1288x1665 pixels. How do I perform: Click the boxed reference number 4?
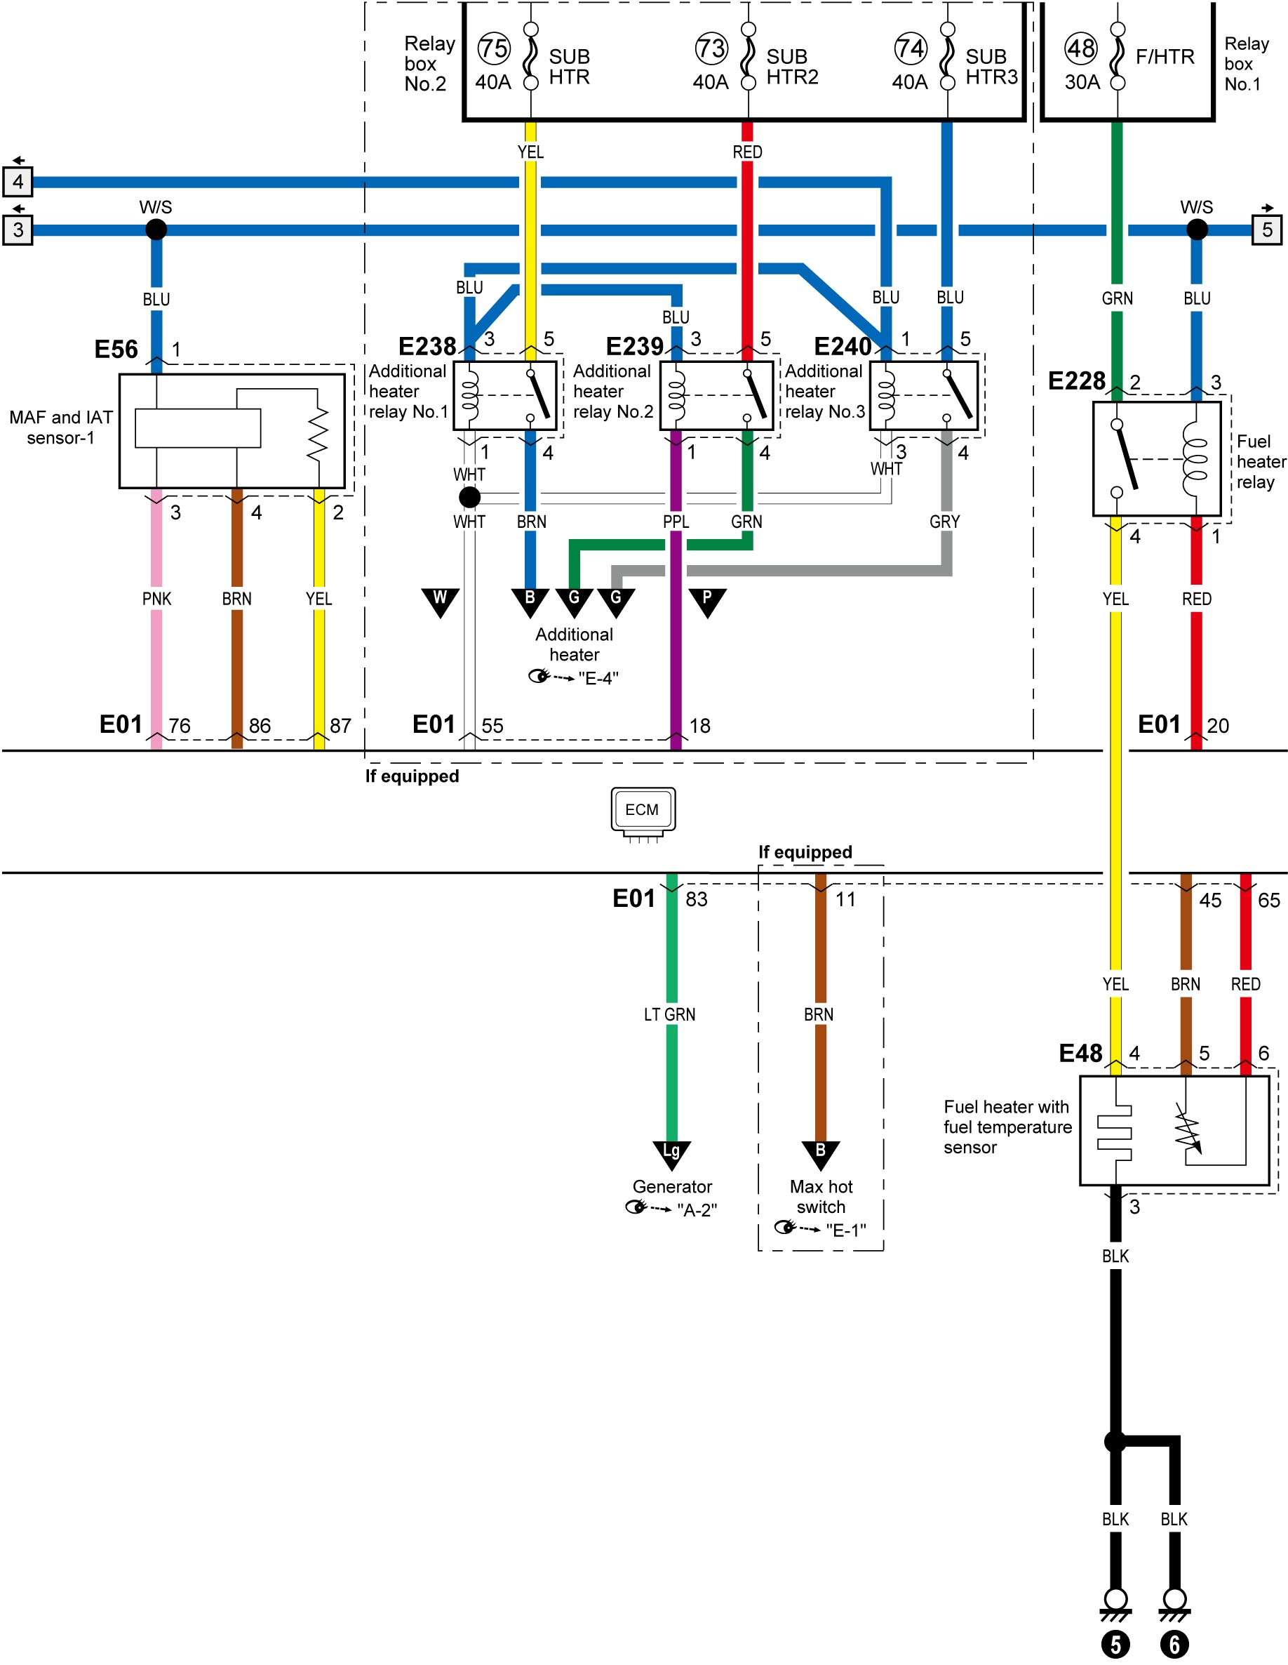18,181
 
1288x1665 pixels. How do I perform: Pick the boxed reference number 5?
1267,230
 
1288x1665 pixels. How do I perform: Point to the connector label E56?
116,349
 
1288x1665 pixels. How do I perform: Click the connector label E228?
1076,380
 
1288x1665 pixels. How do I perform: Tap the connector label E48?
1081,1053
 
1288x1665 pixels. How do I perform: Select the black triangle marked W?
440,602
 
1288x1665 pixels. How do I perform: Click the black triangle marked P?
707,602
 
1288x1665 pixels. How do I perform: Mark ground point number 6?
1174,1645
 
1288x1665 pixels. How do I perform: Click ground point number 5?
1115,1645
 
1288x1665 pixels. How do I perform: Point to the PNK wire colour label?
156,599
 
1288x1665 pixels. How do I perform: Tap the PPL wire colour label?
676,522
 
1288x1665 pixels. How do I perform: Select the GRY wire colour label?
944,522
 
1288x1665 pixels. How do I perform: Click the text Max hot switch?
821,1196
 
